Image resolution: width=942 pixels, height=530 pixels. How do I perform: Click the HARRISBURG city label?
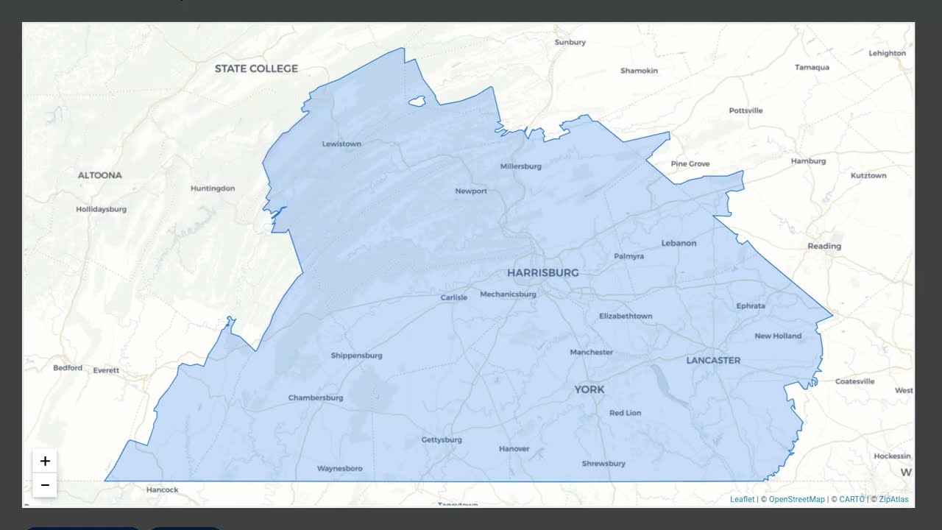point(542,272)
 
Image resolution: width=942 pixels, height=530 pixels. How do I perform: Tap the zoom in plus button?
point(45,461)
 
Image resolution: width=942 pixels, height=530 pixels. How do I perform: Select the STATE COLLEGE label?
point(256,68)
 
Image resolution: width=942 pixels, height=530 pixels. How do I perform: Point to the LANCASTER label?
point(713,360)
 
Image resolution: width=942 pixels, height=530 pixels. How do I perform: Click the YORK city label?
point(589,389)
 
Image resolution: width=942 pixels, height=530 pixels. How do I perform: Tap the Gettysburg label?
point(442,439)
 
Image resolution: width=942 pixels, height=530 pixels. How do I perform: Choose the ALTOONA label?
point(100,175)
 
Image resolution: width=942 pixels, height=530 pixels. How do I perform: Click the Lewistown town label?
point(341,144)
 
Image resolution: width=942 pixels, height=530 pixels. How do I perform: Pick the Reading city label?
point(824,246)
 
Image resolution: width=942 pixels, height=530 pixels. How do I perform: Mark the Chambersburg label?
point(316,397)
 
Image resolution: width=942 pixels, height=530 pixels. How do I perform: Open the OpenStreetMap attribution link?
point(796,499)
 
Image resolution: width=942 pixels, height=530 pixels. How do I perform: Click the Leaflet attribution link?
point(742,499)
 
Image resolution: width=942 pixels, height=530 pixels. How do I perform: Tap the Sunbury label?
point(570,42)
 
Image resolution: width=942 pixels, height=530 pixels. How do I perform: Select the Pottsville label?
point(746,110)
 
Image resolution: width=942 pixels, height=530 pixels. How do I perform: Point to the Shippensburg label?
point(356,356)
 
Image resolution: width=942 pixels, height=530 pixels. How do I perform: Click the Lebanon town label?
point(679,243)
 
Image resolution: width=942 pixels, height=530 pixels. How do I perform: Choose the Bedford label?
point(68,367)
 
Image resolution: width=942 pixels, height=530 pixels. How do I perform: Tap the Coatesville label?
point(854,381)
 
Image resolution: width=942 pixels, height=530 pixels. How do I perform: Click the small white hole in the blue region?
point(417,101)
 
